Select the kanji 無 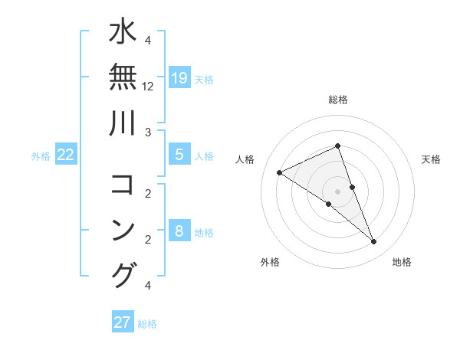coord(123,79)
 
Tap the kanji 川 coord(123,123)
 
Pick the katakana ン coord(123,231)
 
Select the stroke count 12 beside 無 coord(148,87)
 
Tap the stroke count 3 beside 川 coord(148,133)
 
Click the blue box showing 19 coord(179,78)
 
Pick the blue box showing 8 coord(179,231)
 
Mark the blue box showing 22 coord(66,155)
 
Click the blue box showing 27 coord(122,322)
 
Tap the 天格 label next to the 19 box coord(204,79)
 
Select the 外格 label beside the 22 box coord(41,155)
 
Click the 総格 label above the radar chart coord(338,100)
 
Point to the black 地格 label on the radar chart coord(402,262)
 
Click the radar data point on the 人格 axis coord(280,172)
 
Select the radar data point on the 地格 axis coord(374,242)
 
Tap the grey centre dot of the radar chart coord(338,191)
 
